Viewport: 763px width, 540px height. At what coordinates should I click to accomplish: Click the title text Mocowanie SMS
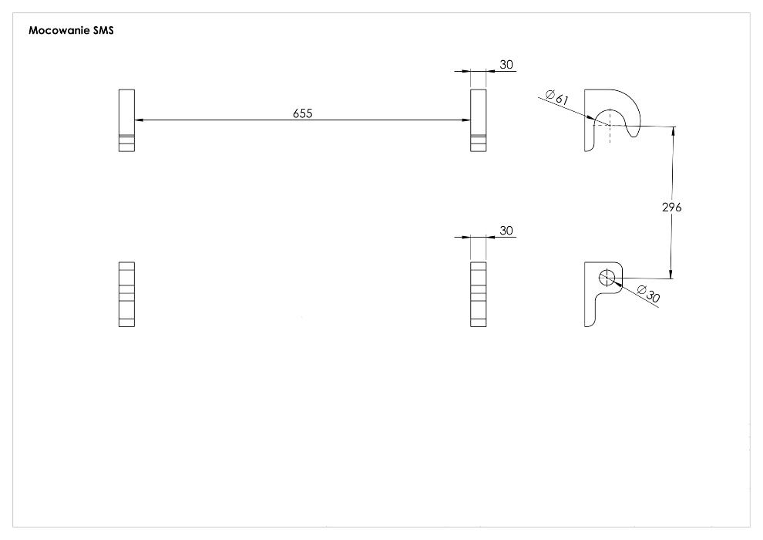point(71,30)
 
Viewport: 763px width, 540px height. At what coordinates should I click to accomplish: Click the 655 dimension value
point(303,113)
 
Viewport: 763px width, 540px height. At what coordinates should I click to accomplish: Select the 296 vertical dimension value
point(671,207)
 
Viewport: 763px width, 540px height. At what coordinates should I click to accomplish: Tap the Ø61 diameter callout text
point(557,97)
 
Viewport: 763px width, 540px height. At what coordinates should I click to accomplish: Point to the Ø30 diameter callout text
point(648,294)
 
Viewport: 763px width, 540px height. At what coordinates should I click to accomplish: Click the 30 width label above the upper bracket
point(506,64)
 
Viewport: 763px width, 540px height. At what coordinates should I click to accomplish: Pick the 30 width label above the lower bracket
point(506,231)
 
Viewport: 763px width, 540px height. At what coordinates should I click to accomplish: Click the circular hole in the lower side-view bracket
point(607,278)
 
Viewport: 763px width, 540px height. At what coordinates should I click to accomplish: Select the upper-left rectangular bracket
point(126,120)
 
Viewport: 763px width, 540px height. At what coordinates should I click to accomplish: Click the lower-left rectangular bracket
point(126,294)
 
